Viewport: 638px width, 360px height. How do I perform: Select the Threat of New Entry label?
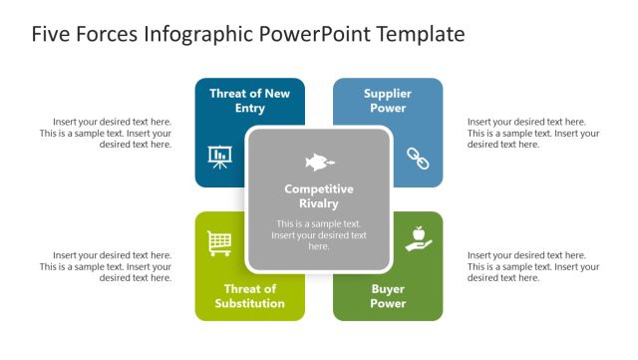(x=249, y=101)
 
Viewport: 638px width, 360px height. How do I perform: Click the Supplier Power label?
(x=388, y=101)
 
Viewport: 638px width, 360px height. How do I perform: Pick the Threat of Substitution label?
(x=249, y=296)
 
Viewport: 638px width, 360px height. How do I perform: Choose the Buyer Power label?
(x=388, y=296)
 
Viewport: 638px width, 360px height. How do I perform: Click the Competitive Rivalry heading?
(x=319, y=195)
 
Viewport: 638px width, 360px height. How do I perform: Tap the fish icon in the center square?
(x=319, y=162)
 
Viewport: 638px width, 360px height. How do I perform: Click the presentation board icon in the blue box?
(x=219, y=157)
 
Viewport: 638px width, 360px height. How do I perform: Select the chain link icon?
(x=418, y=158)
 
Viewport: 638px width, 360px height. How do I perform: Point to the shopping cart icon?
(x=219, y=242)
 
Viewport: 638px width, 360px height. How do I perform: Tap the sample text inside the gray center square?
(x=319, y=235)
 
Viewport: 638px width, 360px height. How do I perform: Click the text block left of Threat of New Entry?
(x=106, y=133)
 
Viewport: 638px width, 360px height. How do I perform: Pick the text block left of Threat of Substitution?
(x=106, y=266)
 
